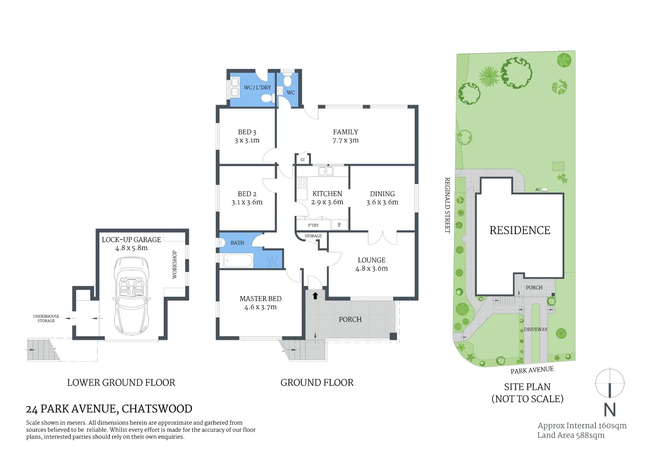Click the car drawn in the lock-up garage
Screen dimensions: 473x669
click(131, 296)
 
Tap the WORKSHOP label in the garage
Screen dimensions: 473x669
click(174, 265)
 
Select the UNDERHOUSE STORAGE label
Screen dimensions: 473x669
click(46, 318)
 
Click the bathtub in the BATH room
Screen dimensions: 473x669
click(238, 261)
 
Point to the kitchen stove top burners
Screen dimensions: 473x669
click(302, 183)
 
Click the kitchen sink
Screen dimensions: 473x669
click(325, 171)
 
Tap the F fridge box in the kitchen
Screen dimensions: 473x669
click(339, 225)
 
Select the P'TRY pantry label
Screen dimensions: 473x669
click(313, 225)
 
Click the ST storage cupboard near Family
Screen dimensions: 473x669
click(303, 159)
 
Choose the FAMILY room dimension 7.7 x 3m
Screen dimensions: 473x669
click(345, 141)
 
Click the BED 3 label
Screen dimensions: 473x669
click(247, 132)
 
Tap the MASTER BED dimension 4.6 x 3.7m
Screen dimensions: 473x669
click(261, 307)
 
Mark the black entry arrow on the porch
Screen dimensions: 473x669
click(315, 296)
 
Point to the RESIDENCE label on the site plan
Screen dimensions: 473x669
click(520, 230)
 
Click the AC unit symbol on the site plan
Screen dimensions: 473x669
click(544, 190)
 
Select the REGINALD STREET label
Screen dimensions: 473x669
click(447, 205)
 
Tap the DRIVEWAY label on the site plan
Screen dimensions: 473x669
click(535, 329)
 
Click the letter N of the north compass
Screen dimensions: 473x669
click(609, 409)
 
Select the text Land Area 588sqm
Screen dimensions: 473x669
click(570, 435)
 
